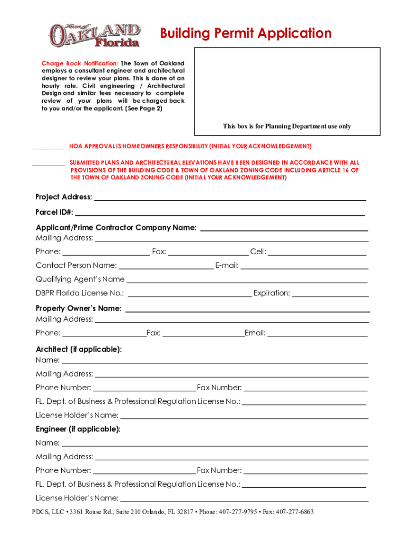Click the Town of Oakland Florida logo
(x=95, y=35)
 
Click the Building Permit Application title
(x=246, y=34)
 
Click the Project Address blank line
(x=229, y=198)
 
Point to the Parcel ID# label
(x=54, y=213)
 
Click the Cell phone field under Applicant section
(x=317, y=253)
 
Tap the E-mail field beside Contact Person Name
(x=304, y=266)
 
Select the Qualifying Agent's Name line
(x=247, y=280)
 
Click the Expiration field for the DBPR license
(x=329, y=294)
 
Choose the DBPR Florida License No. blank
(x=189, y=294)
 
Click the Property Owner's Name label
(x=79, y=308)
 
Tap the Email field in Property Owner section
(x=317, y=334)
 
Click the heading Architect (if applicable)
(x=79, y=349)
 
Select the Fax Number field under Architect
(x=305, y=389)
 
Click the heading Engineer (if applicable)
(x=78, y=429)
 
